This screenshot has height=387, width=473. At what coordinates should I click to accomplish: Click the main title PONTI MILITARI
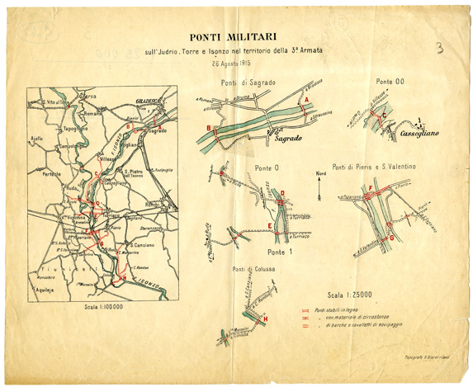point(233,36)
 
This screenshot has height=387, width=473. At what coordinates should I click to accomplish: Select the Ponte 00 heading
point(390,82)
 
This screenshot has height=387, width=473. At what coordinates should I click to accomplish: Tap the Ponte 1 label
point(281,251)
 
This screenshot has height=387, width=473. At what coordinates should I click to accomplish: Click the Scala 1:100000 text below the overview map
point(103,307)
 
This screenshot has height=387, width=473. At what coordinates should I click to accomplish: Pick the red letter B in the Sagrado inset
point(208,128)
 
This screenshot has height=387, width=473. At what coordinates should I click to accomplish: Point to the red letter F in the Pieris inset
point(371,189)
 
